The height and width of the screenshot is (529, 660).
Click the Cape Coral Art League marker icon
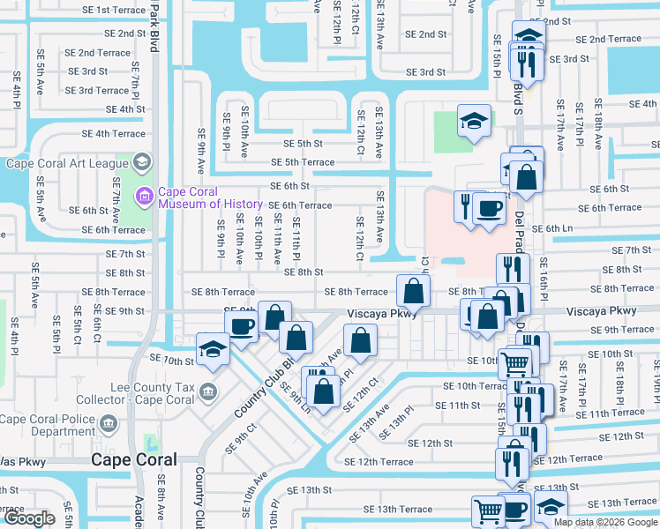141,163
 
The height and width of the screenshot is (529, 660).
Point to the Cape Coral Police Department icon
108,425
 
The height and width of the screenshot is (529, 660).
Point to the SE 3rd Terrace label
97,90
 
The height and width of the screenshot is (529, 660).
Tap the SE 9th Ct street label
240,436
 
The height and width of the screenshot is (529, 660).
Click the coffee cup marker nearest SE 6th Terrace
488,208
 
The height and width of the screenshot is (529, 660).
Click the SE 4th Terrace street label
114,134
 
